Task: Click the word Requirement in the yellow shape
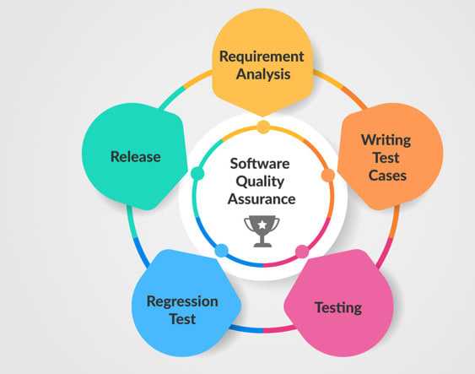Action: pyautogui.click(x=261, y=57)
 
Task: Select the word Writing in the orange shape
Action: pyautogui.click(x=386, y=139)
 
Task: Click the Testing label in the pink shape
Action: pyautogui.click(x=337, y=307)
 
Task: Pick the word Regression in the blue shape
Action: pyautogui.click(x=182, y=301)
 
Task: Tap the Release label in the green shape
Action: pyautogui.click(x=136, y=156)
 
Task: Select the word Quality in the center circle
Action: pyautogui.click(x=263, y=182)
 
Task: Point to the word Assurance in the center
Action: pyautogui.click(x=263, y=199)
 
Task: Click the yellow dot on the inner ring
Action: pyautogui.click(x=263, y=127)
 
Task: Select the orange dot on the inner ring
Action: pyautogui.click(x=327, y=175)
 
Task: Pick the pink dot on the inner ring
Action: pyautogui.click(x=301, y=251)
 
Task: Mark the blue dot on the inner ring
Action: pyautogui.click(x=222, y=251)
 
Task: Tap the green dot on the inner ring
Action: pyautogui.click(x=198, y=174)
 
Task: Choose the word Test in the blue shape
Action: pyautogui.click(x=182, y=319)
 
